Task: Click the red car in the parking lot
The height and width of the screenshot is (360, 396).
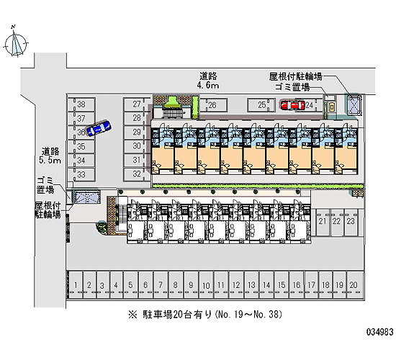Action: click(292, 105)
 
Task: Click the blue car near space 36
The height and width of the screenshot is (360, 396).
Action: click(98, 128)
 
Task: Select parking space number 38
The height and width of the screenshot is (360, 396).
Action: click(81, 104)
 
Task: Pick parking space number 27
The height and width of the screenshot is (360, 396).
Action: click(137, 104)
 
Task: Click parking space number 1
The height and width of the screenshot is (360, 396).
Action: click(76, 285)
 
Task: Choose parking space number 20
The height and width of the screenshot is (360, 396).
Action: click(354, 285)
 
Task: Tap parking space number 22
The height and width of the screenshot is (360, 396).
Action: click(336, 222)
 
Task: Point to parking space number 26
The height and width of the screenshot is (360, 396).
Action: click(213, 105)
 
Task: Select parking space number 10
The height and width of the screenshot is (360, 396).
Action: click(206, 285)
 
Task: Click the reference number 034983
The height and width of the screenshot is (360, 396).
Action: click(380, 332)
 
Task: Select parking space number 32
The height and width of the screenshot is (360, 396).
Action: click(137, 174)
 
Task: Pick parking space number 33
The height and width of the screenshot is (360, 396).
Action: click(81, 174)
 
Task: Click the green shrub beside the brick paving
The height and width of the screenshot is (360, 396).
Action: click(102, 227)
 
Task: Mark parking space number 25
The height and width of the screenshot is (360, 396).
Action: click(262, 105)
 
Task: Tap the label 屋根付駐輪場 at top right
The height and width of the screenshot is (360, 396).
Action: click(295, 76)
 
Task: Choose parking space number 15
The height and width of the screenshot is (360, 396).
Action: click(282, 285)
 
